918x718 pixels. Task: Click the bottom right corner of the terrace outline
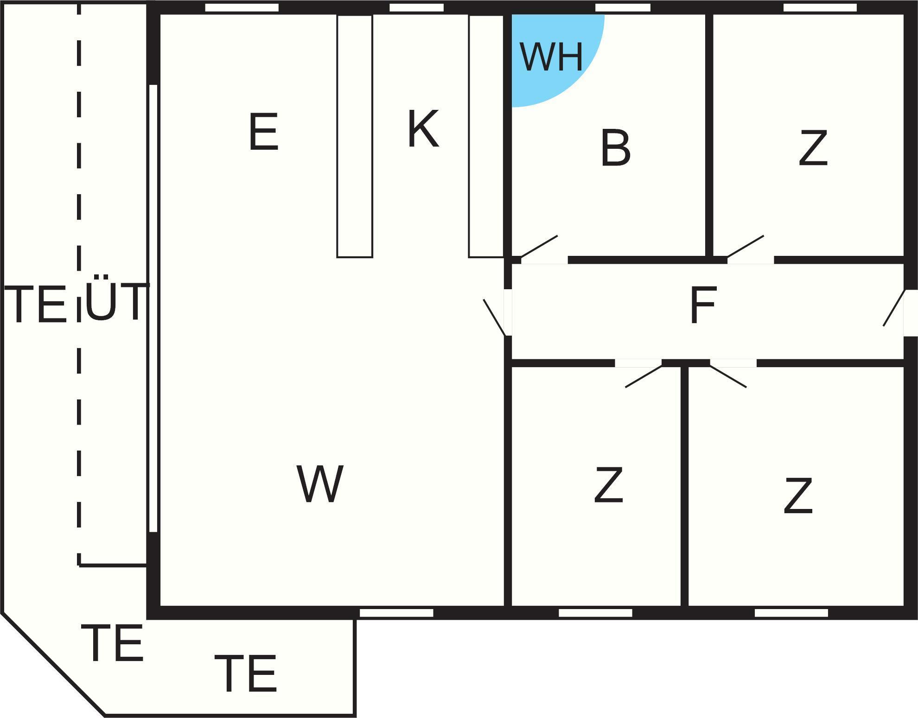coord(355,715)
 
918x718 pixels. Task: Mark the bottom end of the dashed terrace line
coord(79,565)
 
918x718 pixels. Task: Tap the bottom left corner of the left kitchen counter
coord(338,257)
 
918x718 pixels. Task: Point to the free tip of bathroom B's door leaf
coord(557,236)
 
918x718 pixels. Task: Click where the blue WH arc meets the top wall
coord(604,15)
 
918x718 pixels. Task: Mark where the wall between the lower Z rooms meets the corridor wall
coord(684,363)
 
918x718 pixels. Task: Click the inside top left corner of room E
coord(160,15)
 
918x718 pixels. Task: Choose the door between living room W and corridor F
coord(495,318)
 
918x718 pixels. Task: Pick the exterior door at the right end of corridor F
coord(894,308)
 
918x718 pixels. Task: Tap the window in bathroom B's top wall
coord(623,8)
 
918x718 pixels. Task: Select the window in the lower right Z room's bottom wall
coord(791,613)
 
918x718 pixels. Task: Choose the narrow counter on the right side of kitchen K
coord(486,136)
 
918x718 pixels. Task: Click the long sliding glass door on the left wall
coord(153,308)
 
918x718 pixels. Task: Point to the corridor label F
coord(703,305)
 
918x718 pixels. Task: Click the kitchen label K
coord(423,129)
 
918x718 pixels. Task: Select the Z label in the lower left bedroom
coord(609,485)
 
